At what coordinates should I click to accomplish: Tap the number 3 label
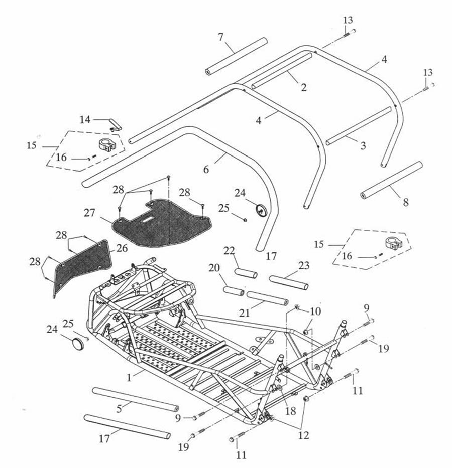(x=363, y=146)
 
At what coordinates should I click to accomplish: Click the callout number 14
(x=85, y=119)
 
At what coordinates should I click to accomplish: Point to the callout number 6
(x=206, y=170)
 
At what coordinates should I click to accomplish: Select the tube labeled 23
(x=288, y=283)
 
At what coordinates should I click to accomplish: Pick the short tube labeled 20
(x=234, y=291)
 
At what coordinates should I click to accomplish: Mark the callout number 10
(x=315, y=311)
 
